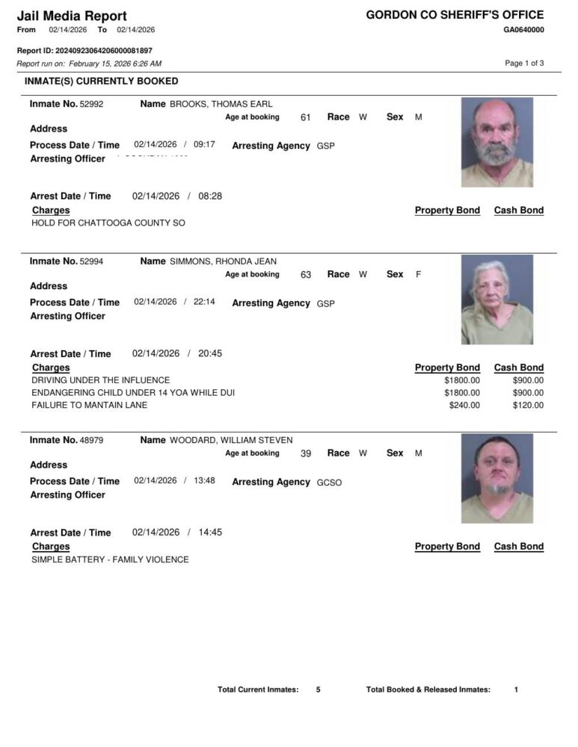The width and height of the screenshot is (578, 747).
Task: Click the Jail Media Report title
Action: coord(72,16)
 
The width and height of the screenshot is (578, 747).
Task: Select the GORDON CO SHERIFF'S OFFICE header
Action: coord(455,15)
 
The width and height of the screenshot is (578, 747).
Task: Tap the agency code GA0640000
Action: coord(523,30)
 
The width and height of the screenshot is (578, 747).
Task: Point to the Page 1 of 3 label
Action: coord(524,63)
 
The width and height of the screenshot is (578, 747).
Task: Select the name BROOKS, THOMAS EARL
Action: coord(221,104)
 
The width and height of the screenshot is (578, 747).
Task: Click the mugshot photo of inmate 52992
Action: coord(497,143)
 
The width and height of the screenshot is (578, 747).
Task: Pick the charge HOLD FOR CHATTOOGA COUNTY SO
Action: coord(108,223)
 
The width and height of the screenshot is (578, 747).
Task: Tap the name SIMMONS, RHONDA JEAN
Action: coord(224,261)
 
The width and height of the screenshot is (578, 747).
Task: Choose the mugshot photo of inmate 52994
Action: coord(497,300)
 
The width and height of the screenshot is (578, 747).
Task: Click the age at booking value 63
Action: coord(306,275)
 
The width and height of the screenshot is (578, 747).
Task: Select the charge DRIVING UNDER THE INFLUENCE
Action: coord(101,380)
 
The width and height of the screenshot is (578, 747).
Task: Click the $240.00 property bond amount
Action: coord(464,406)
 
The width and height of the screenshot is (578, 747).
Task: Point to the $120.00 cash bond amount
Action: coord(528,406)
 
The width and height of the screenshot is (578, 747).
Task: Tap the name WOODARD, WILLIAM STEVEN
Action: coord(231,440)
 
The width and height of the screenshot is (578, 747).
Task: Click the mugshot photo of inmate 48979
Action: coord(497,479)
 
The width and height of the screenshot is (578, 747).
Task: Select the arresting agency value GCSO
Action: coord(329,483)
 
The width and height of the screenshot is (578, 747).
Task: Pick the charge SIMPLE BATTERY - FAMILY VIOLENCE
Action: coord(110,560)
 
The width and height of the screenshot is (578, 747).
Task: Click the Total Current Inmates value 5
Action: coord(318,689)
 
